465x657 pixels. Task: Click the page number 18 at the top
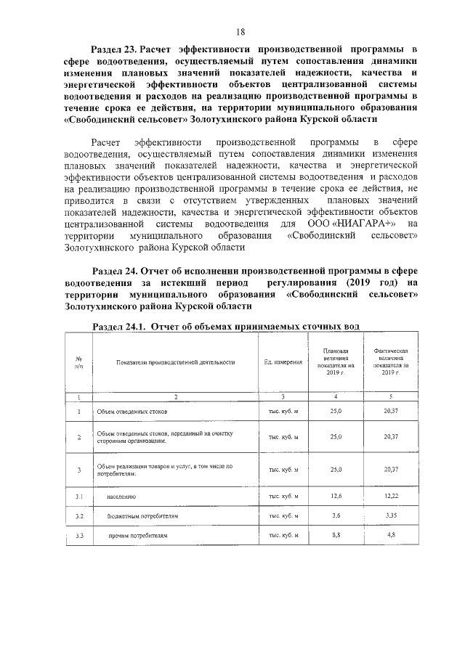click(x=240, y=31)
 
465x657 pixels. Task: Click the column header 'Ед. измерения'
click(x=283, y=362)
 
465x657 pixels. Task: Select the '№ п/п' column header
click(x=78, y=362)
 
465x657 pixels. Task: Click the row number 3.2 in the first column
click(x=78, y=516)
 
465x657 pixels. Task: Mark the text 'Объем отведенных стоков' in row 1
click(x=133, y=412)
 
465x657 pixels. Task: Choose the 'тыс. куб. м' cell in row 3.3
click(x=283, y=535)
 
